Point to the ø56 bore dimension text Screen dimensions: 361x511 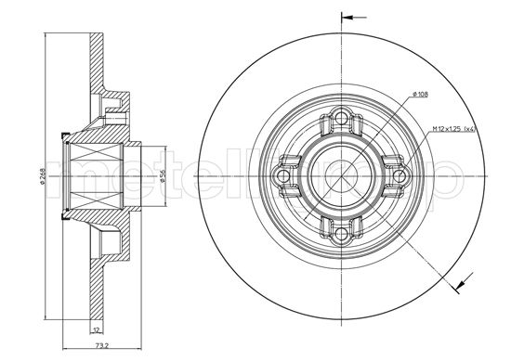[161, 174]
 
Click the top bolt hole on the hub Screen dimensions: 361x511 [341, 118]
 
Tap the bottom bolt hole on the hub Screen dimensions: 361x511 [341, 231]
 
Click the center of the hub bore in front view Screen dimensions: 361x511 [341, 174]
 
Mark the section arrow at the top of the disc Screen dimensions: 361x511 [350, 17]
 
